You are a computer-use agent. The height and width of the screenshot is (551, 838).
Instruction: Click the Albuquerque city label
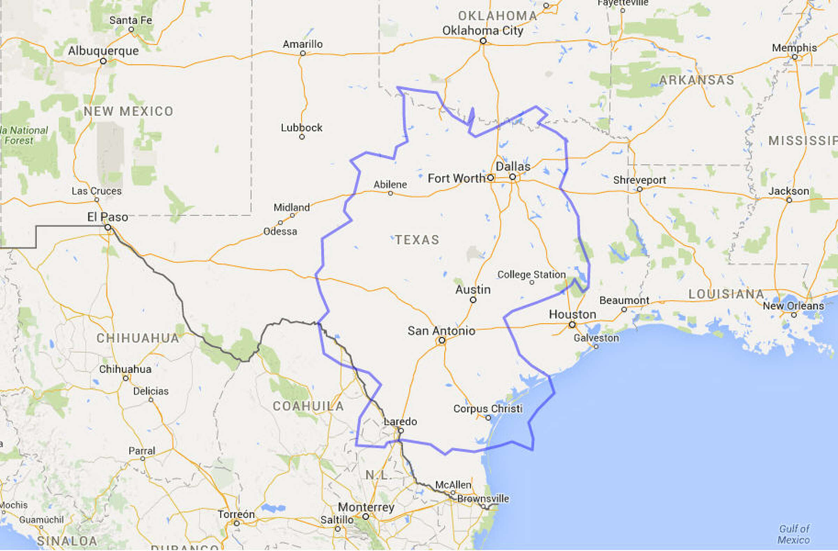[103, 51]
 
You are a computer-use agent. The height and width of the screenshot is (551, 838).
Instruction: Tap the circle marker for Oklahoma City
[483, 41]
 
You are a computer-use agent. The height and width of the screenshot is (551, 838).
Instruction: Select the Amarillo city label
[302, 44]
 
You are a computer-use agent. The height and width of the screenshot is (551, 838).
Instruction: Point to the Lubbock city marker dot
[302, 137]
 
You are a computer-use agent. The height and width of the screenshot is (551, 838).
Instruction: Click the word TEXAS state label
[417, 240]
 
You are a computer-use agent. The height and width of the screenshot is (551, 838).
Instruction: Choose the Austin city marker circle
[473, 300]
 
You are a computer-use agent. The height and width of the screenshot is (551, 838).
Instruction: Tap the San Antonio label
[441, 331]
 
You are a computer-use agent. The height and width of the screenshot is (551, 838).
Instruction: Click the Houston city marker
[572, 325]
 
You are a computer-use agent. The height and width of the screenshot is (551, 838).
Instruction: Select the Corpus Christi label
[488, 409]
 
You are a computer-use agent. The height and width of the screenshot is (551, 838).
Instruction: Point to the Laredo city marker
[401, 430]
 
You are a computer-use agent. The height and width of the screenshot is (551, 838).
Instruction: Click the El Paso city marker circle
[108, 227]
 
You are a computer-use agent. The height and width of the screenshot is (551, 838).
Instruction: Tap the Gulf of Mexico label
[794, 534]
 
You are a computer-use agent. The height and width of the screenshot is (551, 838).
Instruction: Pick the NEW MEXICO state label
[128, 112]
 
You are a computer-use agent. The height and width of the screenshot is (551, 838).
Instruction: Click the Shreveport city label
[639, 180]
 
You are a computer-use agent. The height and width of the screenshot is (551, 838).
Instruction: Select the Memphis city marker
[795, 57]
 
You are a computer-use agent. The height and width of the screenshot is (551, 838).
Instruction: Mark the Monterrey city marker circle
[366, 516]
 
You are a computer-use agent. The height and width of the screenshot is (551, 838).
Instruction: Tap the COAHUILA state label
[308, 406]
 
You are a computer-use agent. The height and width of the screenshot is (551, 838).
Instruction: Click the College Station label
[531, 274]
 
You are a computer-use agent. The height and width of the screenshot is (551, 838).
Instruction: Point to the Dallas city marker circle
[513, 177]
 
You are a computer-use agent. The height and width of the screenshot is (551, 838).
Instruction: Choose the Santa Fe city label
[131, 20]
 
